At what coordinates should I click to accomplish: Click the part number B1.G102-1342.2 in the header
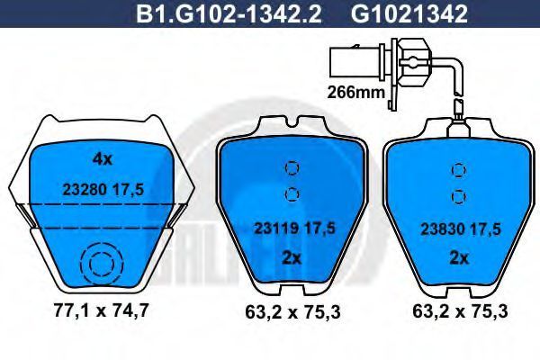tap(229, 14)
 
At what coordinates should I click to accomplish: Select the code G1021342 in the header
tap(409, 14)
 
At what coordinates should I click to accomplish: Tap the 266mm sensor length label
tap(355, 92)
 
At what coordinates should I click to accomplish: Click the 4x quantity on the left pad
tap(103, 159)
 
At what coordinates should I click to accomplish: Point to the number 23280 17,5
tap(103, 190)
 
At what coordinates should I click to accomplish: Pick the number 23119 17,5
tap(294, 229)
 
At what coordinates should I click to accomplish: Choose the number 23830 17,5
tap(461, 229)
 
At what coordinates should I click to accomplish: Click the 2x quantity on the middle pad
tap(292, 257)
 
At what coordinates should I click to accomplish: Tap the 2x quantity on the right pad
tap(459, 258)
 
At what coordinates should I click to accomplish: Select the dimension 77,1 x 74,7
tap(101, 310)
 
